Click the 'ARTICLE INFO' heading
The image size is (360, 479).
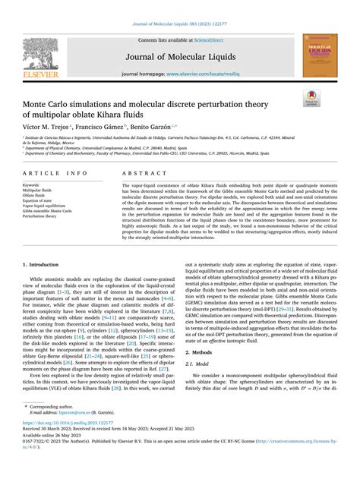coord(54,174)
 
